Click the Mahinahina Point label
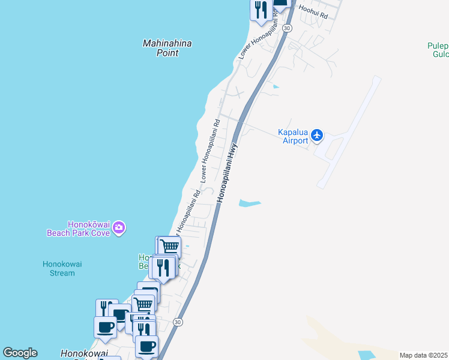(x=160, y=48)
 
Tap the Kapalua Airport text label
(x=293, y=137)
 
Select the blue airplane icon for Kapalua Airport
(x=318, y=136)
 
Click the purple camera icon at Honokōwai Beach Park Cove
(x=119, y=227)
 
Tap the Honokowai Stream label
(x=59, y=268)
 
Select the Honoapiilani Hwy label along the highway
(x=228, y=172)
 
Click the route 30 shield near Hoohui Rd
(x=288, y=28)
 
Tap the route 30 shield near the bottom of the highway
(x=177, y=322)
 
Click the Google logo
(x=20, y=353)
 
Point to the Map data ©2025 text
(x=423, y=355)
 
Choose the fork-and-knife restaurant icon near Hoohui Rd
(x=261, y=10)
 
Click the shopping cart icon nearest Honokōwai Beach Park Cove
(x=170, y=246)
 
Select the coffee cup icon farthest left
(x=105, y=328)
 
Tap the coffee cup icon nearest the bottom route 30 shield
(x=146, y=346)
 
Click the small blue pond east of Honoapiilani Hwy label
(x=250, y=203)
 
